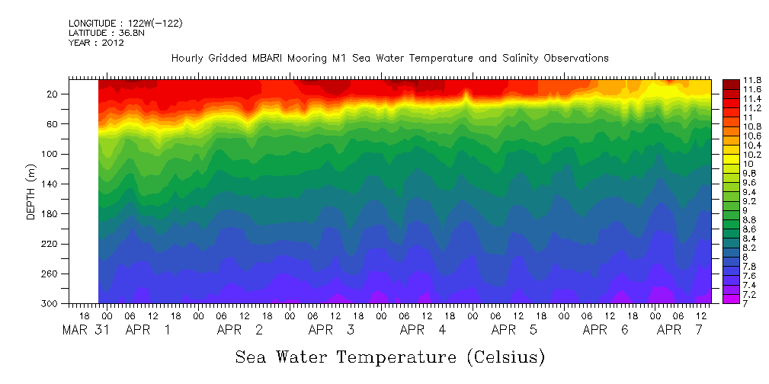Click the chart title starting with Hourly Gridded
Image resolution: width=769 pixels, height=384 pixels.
coord(389,59)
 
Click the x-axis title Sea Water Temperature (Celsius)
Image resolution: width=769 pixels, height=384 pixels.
coord(389,357)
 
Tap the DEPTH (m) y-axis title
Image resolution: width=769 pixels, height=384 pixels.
coord(30,190)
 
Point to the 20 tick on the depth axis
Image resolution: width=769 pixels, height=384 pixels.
coord(53,94)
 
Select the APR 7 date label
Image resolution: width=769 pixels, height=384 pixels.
coord(684,330)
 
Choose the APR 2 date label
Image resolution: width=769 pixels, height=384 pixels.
coord(240,330)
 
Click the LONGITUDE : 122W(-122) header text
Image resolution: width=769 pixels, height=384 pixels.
coord(125,24)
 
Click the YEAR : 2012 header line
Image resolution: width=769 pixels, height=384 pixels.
coord(96,43)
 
